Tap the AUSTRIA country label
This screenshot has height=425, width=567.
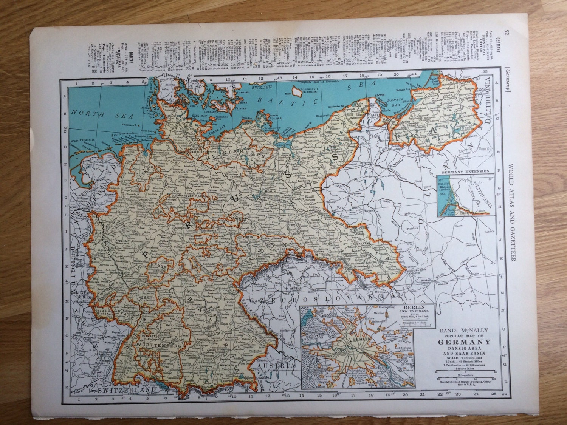278,366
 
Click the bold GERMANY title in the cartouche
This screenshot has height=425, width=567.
465,342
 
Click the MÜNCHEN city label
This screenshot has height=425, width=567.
230,366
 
